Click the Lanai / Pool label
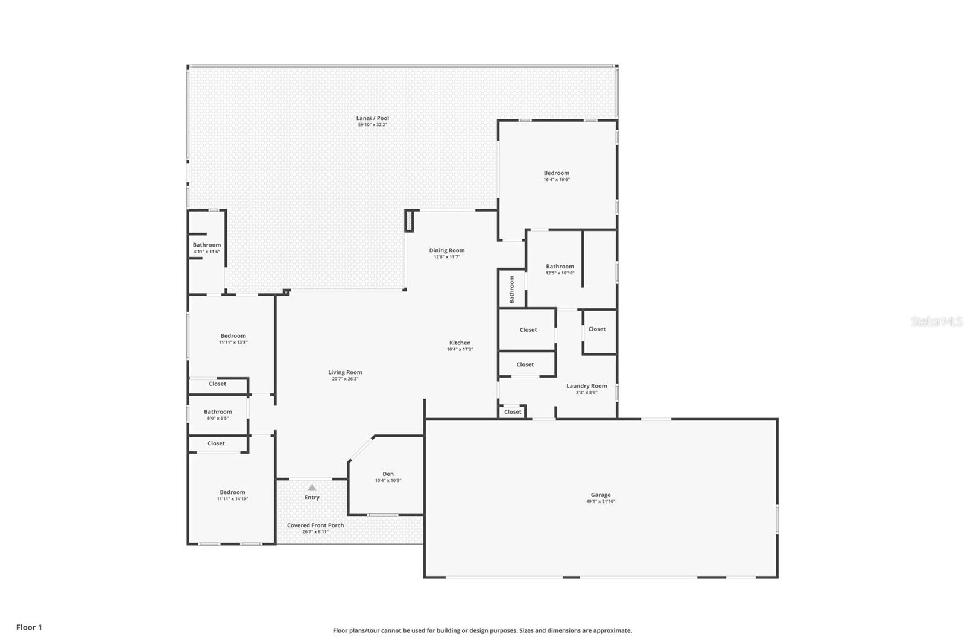(372, 118)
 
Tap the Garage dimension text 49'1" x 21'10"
(600, 502)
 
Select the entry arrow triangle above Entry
(312, 487)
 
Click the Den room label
(388, 474)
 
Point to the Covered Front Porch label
(315, 525)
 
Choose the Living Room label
(345, 372)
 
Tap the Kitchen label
(460, 343)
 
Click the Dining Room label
(446, 250)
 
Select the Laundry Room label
(586, 386)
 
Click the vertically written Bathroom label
(512, 289)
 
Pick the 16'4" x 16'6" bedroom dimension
(556, 180)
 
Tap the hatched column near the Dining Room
(410, 221)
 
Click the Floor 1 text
(29, 627)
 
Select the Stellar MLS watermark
(936, 321)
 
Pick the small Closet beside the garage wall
(513, 412)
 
